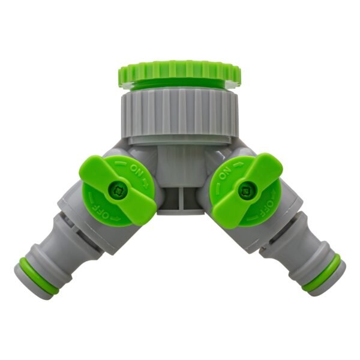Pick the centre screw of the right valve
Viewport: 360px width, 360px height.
coord(245,191)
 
